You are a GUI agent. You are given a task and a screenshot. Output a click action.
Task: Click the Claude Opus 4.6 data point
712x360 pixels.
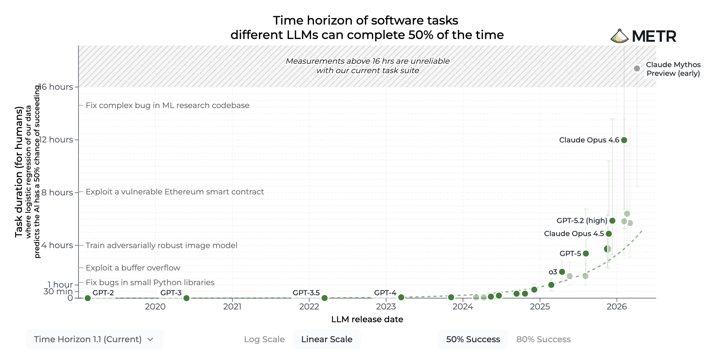[624, 140]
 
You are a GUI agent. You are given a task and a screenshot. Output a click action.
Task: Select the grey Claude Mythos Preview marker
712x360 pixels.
[637, 69]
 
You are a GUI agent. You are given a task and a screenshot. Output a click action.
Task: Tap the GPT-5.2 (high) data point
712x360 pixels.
[612, 221]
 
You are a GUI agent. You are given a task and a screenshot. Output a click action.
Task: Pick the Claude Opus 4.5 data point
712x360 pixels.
[609, 234]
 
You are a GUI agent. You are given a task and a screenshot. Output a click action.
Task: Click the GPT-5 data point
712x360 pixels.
[586, 253]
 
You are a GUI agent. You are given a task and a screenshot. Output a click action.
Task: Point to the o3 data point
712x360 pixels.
[562, 272]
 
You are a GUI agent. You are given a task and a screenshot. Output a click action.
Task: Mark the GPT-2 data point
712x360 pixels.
[88, 298]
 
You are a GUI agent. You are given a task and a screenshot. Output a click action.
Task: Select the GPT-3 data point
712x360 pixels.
[186, 298]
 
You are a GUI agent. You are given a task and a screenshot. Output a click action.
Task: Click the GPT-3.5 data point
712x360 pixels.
[324, 298]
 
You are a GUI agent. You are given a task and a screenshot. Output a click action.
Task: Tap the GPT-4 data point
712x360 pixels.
[401, 297]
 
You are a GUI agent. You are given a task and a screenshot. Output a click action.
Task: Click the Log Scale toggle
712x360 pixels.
[264, 339]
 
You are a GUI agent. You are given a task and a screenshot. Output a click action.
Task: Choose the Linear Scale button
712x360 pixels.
[327, 339]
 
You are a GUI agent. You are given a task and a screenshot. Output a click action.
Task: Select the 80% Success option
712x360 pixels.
[544, 339]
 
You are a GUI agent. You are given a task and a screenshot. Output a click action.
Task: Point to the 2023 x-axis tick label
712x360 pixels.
[386, 306]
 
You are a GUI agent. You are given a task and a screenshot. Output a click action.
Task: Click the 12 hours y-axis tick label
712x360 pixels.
[56, 140]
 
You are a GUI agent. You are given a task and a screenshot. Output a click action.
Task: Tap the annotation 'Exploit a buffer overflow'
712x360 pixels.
[133, 268]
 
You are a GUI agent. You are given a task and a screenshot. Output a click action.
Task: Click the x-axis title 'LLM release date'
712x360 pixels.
[367, 319]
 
